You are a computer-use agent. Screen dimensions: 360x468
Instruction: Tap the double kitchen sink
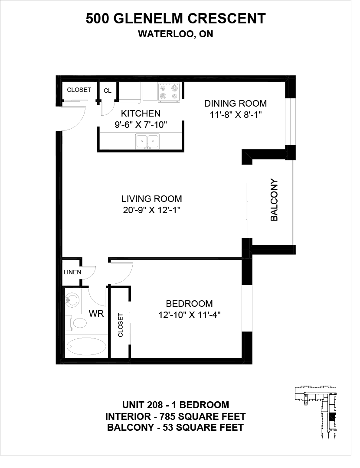tap(147, 141)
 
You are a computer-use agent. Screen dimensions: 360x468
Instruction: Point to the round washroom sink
tap(72, 300)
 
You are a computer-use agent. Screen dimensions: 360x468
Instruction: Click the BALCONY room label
tap(274, 200)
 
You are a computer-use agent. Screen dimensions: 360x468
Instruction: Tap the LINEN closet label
tap(72, 272)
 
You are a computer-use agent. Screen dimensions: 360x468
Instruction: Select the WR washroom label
tap(96, 314)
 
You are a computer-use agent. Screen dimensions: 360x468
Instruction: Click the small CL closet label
tap(108, 91)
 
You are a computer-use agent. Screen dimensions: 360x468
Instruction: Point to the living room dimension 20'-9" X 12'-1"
tap(152, 211)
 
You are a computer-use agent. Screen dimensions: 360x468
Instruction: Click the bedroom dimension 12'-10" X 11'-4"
tap(190, 315)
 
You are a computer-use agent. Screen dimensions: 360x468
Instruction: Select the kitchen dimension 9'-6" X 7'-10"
tap(141, 125)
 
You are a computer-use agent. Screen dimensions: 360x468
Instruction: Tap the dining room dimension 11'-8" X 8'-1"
tap(236, 115)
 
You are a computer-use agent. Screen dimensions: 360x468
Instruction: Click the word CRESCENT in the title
tap(227, 19)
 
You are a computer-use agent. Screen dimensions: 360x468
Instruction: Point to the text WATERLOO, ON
tap(176, 34)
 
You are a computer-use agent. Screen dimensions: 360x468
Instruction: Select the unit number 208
tap(155, 405)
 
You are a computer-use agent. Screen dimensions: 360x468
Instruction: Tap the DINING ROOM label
tap(236, 104)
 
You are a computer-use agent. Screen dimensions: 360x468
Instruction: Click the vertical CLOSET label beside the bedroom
tap(121, 325)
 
